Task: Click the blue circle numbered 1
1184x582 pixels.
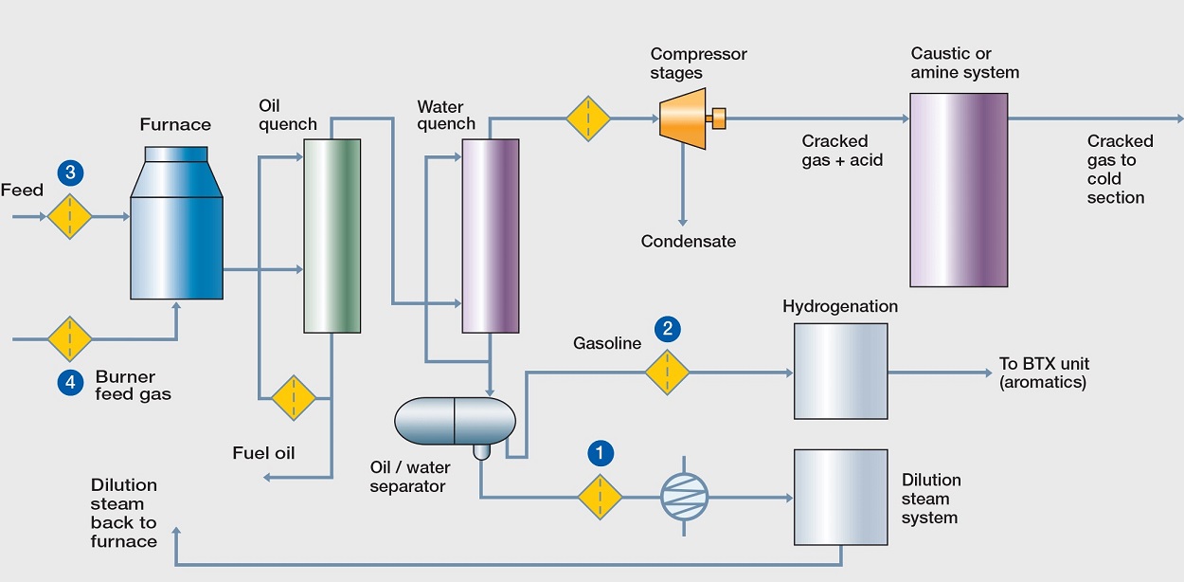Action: (x=601, y=453)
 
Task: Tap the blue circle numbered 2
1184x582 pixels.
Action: (x=668, y=329)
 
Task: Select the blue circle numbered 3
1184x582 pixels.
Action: (x=70, y=173)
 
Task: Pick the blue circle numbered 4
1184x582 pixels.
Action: (x=70, y=382)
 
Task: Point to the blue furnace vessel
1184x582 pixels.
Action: (x=176, y=223)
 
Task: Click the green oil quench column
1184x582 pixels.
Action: (x=332, y=236)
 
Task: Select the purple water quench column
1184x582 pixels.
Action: (x=491, y=236)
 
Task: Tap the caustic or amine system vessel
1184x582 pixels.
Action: (x=959, y=190)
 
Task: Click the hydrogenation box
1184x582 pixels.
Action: (x=840, y=372)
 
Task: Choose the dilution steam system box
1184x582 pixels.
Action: (x=840, y=498)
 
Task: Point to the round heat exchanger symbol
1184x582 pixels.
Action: (x=684, y=497)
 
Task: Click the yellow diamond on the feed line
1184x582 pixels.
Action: (x=70, y=216)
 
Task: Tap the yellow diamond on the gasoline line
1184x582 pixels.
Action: (x=667, y=373)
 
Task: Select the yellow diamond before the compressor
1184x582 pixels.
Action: (x=588, y=118)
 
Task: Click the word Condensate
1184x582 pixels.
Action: (x=689, y=242)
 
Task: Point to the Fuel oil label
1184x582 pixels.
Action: (x=263, y=453)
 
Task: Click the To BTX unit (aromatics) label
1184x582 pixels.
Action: (x=1044, y=373)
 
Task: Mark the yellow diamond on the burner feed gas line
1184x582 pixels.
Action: (x=70, y=338)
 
